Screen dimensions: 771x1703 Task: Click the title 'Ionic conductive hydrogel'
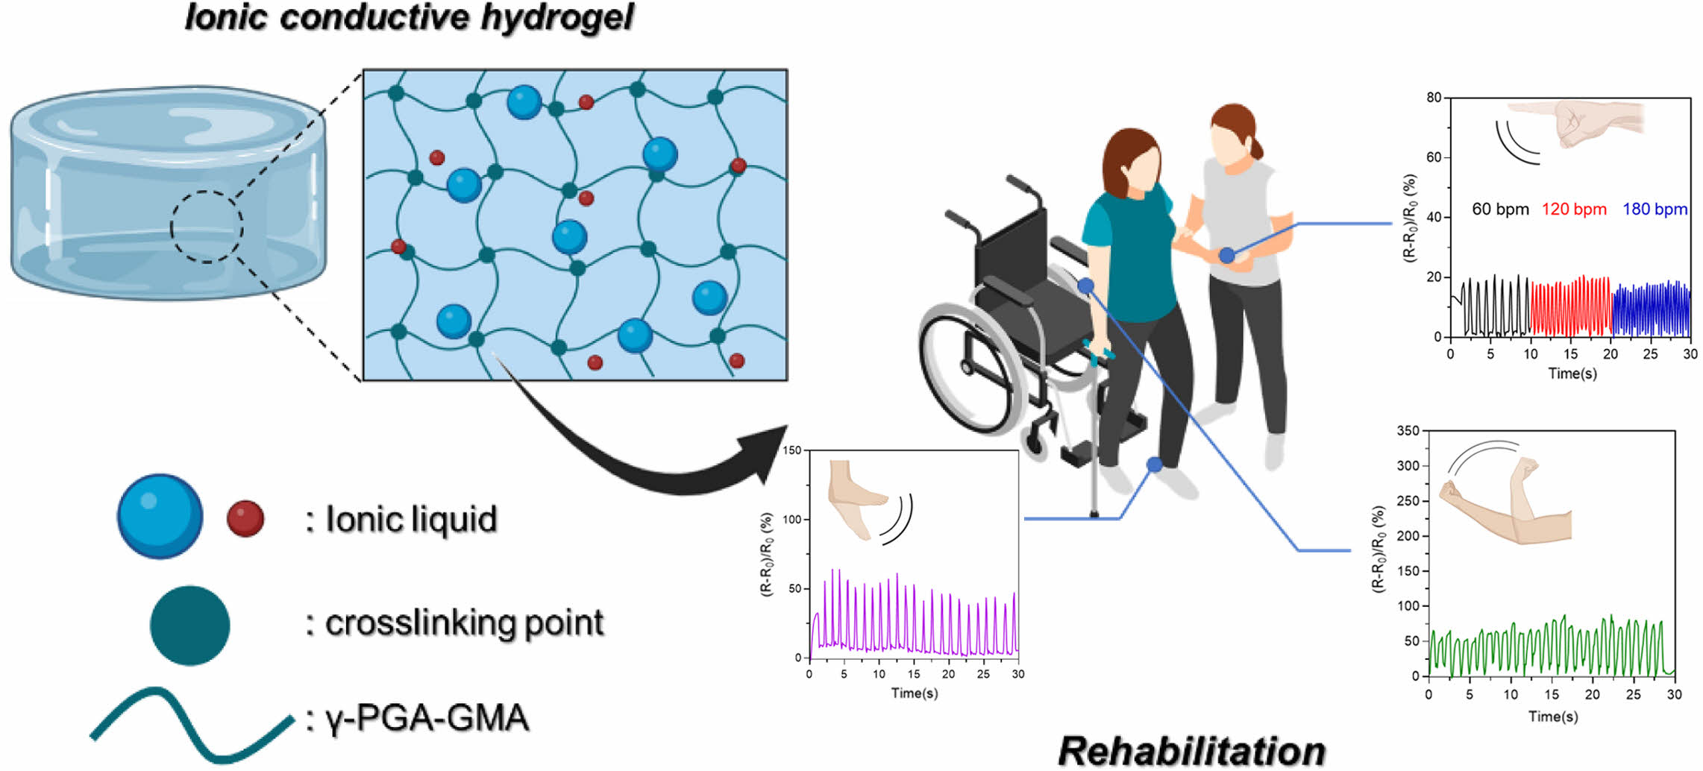409,18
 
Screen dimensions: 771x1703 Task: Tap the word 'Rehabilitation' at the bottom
1191,751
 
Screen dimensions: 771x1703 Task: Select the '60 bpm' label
1500,210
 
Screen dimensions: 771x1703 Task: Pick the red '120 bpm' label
1574,210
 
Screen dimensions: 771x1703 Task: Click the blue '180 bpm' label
1655,210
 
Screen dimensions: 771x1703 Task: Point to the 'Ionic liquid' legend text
411,519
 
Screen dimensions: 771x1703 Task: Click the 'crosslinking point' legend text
464,623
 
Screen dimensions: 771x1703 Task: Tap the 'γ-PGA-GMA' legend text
427,719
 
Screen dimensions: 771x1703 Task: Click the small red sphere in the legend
245,518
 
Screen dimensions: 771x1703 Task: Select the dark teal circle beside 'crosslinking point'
189,625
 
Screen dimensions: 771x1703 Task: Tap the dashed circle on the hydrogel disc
207,227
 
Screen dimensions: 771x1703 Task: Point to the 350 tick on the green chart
1408,431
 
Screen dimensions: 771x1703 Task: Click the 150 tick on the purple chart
792,450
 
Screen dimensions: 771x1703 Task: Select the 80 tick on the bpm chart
1433,98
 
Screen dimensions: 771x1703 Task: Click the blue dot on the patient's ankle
1154,465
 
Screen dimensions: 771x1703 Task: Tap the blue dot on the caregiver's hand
1226,256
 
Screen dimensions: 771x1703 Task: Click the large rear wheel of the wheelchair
969,368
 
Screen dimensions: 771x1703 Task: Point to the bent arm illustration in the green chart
1507,503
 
